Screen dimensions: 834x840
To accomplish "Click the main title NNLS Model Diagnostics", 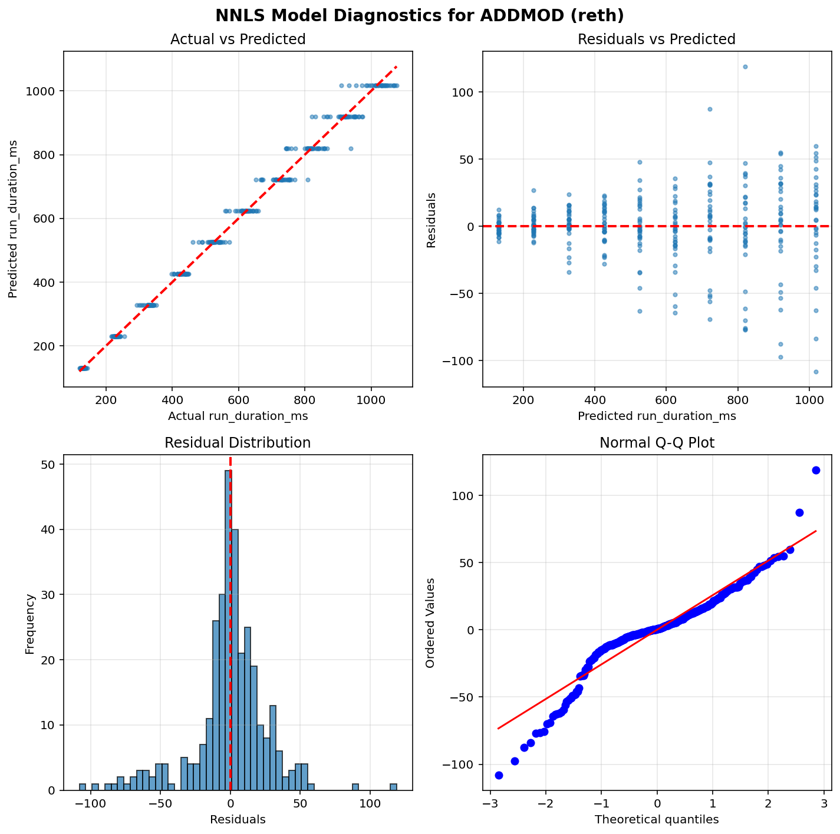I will pos(420,15).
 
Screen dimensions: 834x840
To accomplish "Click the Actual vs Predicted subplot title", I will pos(238,39).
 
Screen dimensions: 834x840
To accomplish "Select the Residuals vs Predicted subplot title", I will pos(657,39).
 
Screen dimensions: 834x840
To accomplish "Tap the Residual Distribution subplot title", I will pos(238,443).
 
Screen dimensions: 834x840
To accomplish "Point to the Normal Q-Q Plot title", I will pos(657,443).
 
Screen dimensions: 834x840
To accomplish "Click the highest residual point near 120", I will pos(745,67).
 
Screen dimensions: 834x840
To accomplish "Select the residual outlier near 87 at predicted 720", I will pos(710,109).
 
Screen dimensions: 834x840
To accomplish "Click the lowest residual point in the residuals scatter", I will pos(816,372).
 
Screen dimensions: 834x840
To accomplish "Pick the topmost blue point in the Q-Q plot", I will pos(816,470).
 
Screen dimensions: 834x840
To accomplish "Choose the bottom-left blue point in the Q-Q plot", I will pos(499,775).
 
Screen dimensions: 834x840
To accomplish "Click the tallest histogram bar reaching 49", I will pos(228,630).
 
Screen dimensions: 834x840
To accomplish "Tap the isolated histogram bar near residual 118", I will pos(393,787).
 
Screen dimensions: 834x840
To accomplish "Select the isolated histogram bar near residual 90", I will pos(355,787).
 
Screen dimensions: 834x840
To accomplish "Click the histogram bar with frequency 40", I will pos(235,660).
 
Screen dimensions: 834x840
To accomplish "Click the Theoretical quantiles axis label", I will pos(657,819).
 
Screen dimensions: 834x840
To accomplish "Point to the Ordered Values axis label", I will pos(430,623).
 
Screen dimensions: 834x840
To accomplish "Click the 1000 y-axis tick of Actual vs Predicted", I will pos(44,91).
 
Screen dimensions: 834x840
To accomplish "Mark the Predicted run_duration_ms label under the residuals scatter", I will pos(657,416).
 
